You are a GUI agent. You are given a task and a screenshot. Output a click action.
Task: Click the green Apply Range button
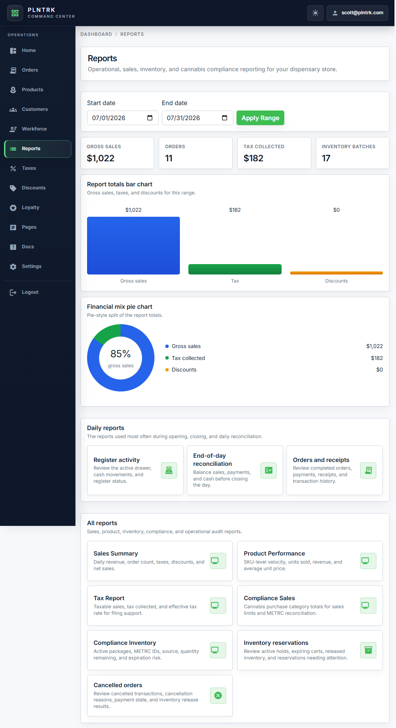click(260, 118)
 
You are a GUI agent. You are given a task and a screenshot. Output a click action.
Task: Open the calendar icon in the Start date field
click(150, 118)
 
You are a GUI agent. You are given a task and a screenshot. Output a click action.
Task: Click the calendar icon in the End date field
click(225, 118)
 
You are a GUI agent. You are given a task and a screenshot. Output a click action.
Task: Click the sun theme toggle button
click(315, 13)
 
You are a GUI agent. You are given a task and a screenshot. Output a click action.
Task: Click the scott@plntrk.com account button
click(357, 13)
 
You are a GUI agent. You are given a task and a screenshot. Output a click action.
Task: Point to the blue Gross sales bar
click(133, 246)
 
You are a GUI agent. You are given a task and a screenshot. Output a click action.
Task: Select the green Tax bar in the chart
click(235, 269)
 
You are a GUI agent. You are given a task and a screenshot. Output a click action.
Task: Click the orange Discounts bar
click(336, 273)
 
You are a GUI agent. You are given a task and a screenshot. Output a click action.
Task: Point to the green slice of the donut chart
click(106, 333)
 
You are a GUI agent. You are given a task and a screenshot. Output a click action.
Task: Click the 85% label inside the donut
click(121, 353)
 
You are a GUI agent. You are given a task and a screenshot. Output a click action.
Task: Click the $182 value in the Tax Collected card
click(253, 158)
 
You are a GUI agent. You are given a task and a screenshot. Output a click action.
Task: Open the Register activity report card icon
click(169, 470)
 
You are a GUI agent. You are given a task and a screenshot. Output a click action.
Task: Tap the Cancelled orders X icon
click(218, 696)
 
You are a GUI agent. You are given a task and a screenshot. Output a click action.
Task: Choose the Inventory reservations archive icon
click(368, 650)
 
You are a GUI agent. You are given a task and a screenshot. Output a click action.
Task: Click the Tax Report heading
click(109, 598)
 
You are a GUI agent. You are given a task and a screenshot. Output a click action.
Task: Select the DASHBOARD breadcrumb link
click(96, 34)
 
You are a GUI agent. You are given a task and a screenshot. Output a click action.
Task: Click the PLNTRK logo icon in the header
click(15, 13)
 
